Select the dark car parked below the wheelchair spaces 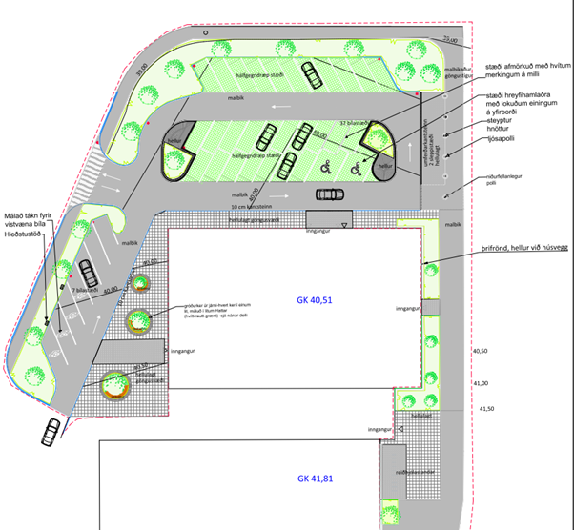pyautogui.click(x=329, y=194)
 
